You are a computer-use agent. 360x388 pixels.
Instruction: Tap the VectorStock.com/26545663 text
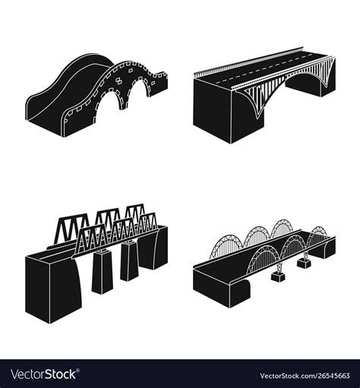click(303, 375)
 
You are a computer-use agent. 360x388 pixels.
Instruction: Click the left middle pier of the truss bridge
click(102, 273)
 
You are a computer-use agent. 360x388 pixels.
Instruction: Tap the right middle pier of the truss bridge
click(128, 263)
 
